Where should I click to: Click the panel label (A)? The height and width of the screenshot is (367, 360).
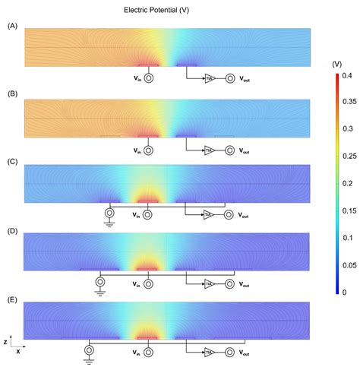click(11, 26)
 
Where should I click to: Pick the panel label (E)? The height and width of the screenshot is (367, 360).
click(11, 299)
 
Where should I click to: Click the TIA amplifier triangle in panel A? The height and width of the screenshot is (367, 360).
click(209, 78)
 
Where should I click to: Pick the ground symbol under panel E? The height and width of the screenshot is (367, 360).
click(90, 359)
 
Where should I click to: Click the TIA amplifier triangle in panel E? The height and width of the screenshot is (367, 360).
click(209, 352)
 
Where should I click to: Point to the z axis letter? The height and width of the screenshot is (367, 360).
click(6, 342)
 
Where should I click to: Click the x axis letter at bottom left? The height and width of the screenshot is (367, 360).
click(18, 353)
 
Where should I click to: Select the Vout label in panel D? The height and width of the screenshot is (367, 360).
click(244, 283)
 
